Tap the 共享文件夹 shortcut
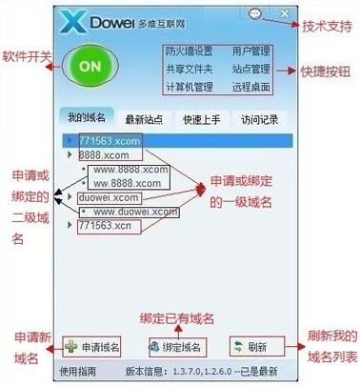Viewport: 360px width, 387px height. click(x=190, y=70)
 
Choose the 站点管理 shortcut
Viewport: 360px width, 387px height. click(x=251, y=70)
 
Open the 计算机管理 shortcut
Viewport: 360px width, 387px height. click(x=190, y=88)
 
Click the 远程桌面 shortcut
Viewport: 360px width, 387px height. click(x=251, y=88)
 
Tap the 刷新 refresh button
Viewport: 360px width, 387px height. click(x=250, y=345)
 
